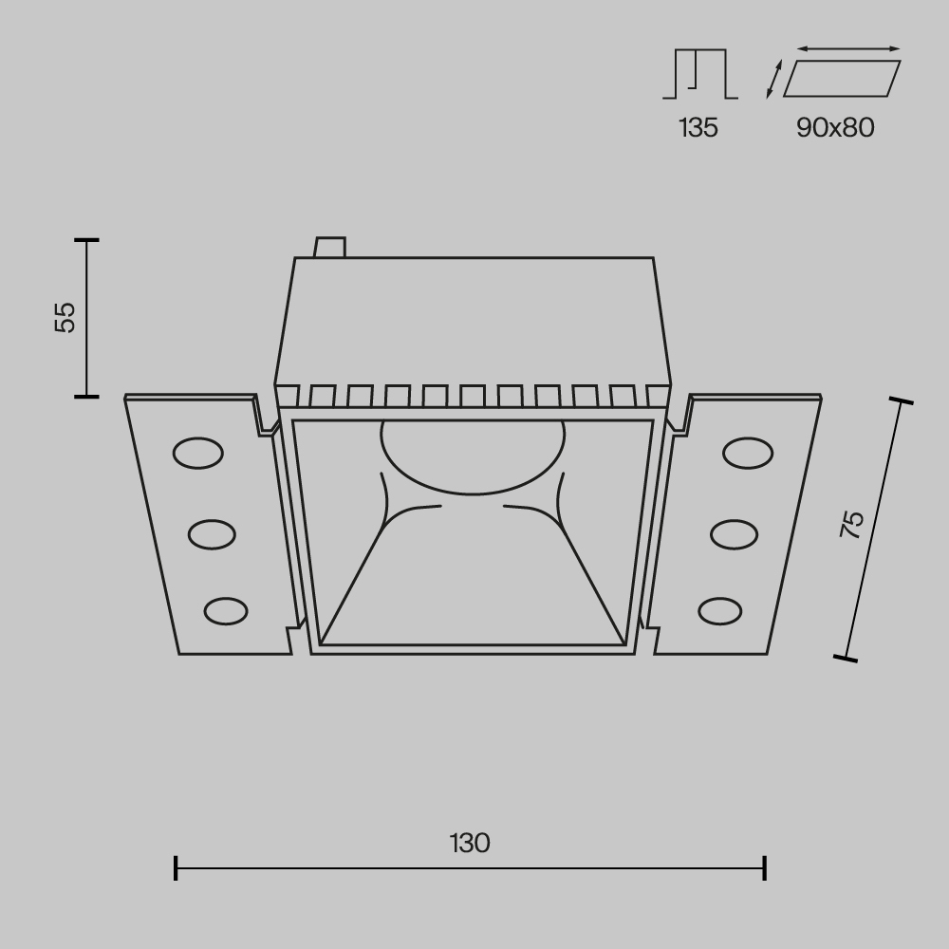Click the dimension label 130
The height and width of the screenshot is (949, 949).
pos(470,842)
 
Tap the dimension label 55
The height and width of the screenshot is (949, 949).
pos(65,317)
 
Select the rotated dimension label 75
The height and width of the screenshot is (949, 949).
pos(852,524)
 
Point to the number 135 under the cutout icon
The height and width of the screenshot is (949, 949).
pos(698,128)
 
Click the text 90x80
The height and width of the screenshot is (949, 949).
pos(835,128)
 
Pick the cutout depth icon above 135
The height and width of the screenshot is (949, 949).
pos(700,73)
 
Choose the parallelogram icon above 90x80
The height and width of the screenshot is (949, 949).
pos(842,79)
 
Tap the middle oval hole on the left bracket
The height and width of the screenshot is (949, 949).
pos(212,534)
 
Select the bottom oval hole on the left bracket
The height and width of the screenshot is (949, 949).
pos(226,610)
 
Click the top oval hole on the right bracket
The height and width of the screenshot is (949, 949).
pos(747,454)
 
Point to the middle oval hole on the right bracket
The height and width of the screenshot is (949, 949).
pos(734,534)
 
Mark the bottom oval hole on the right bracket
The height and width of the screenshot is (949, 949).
pos(719,610)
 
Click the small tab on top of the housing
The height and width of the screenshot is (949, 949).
pos(330,247)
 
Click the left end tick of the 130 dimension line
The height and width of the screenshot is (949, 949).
pos(177,867)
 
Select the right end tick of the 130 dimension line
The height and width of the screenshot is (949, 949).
pos(764,867)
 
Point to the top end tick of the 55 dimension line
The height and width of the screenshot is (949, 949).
pos(86,240)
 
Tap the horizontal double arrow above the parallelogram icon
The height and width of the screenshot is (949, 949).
pos(848,48)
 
